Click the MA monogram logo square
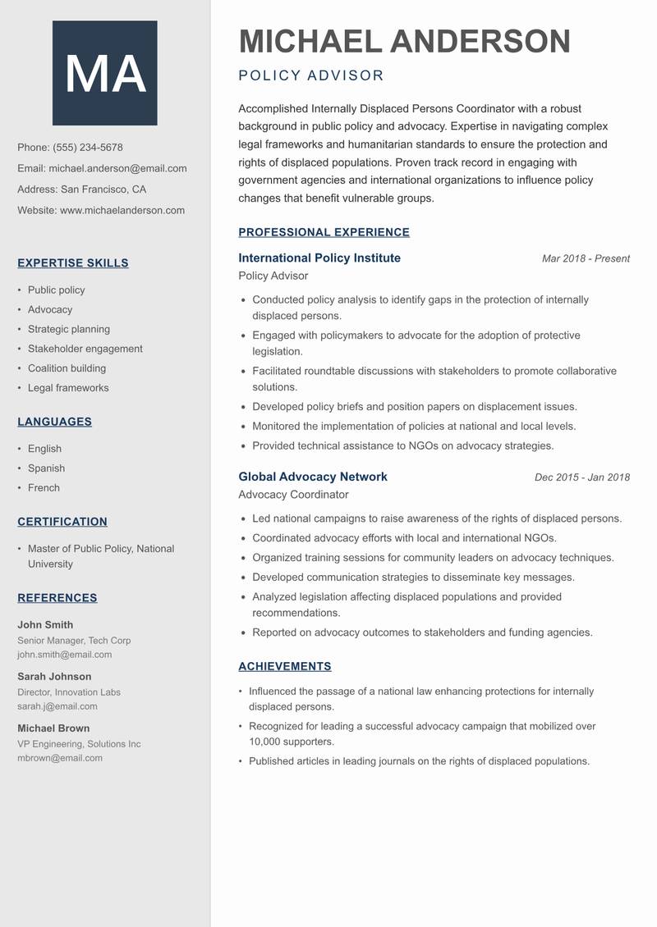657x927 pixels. (x=104, y=73)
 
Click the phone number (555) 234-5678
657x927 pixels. (x=88, y=148)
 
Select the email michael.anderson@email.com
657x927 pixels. (x=117, y=168)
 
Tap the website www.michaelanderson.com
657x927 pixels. (x=122, y=210)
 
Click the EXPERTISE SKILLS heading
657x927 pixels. (x=72, y=263)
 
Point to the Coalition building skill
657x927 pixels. (x=67, y=368)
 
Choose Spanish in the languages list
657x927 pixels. (x=46, y=468)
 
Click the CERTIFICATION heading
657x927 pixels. (x=62, y=522)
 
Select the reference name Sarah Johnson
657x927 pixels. (x=54, y=677)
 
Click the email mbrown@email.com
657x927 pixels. (x=60, y=758)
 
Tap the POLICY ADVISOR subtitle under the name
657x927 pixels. (x=311, y=76)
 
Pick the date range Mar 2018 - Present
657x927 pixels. (x=586, y=258)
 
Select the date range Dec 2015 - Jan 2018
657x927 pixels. (x=581, y=477)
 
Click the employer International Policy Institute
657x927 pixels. (x=319, y=258)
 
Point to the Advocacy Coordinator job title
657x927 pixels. (x=293, y=495)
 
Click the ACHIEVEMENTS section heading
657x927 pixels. (x=284, y=666)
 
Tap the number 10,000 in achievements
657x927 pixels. (x=268, y=742)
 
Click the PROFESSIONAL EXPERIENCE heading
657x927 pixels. (x=324, y=232)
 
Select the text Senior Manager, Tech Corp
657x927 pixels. (x=74, y=641)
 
